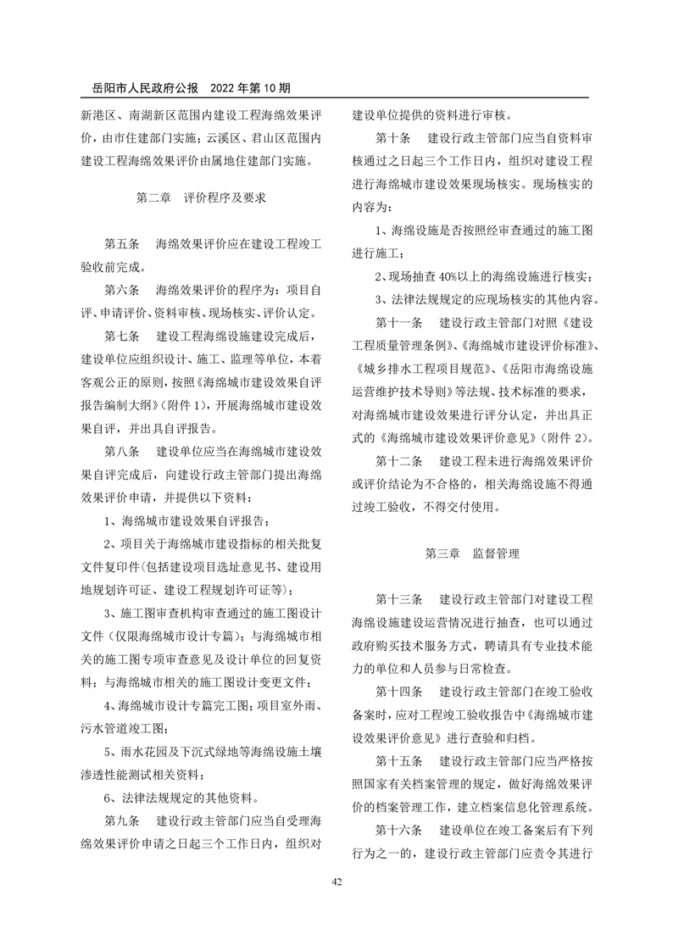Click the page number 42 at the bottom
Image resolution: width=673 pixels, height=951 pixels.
point(336,882)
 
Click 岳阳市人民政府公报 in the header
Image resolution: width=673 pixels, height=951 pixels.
point(144,86)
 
